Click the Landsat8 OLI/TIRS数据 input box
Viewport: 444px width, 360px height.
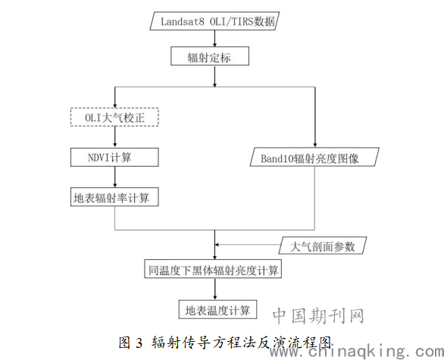(x=214, y=20)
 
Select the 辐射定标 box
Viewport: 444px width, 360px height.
(x=210, y=56)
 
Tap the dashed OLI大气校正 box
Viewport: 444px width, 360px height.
(x=114, y=117)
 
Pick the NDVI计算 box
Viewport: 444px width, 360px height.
(x=114, y=157)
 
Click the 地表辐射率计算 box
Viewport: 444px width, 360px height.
(x=114, y=197)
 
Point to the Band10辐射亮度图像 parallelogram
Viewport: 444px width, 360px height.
(x=314, y=157)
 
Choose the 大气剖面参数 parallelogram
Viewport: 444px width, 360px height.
(x=323, y=246)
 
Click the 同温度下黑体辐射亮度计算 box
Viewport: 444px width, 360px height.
(x=213, y=269)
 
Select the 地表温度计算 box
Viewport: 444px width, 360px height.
(x=217, y=309)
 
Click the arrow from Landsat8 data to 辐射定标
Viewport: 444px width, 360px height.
(x=214, y=38)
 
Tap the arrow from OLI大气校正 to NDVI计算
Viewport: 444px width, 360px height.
(x=115, y=136)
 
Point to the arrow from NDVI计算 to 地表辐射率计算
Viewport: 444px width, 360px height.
(x=115, y=177)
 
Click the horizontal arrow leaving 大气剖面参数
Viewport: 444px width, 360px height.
(x=247, y=245)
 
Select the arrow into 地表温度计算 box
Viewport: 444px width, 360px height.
(x=215, y=289)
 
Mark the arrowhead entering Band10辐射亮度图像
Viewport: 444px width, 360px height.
(x=315, y=145)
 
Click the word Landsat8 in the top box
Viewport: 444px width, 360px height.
(x=183, y=21)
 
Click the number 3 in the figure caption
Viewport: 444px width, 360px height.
(x=139, y=343)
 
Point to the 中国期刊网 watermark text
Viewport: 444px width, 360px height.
(x=318, y=316)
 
